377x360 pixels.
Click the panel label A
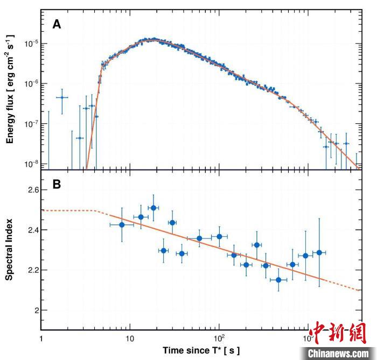point(57,24)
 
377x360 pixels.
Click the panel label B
point(57,184)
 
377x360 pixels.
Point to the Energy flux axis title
point(10,89)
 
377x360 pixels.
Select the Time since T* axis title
point(201,350)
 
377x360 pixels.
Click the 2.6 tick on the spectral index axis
point(29,190)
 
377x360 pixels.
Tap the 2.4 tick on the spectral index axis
point(29,230)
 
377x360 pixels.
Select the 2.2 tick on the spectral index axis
point(29,270)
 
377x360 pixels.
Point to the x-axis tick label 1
point(41,340)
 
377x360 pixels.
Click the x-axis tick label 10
point(129,340)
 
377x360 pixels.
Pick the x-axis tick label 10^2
point(219,339)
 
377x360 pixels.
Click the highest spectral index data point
point(153,208)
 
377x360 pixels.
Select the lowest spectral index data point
point(278,280)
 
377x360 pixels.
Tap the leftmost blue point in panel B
point(122,224)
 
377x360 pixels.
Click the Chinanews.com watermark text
point(339,353)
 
